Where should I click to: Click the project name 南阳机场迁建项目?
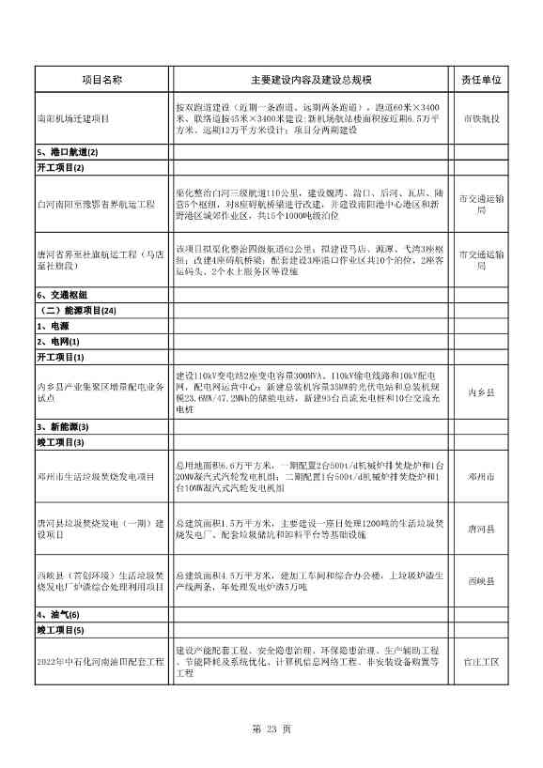click(x=73, y=119)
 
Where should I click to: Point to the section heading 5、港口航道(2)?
click(x=67, y=152)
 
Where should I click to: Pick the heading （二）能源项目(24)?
click(x=78, y=310)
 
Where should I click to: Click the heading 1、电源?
click(x=52, y=326)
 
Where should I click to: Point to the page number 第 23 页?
click(x=272, y=729)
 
